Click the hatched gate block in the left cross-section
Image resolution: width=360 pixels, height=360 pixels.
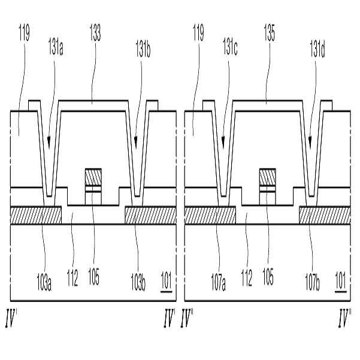point(93,177)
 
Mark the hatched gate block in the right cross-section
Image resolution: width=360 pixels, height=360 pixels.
point(267,177)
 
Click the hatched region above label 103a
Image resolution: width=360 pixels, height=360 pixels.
point(36,215)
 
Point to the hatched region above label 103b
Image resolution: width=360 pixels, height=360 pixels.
point(150,215)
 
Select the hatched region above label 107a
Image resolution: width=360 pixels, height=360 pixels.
point(210,215)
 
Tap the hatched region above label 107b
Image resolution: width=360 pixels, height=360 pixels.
point(324,215)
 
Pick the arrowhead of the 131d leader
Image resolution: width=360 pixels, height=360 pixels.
point(310,145)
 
